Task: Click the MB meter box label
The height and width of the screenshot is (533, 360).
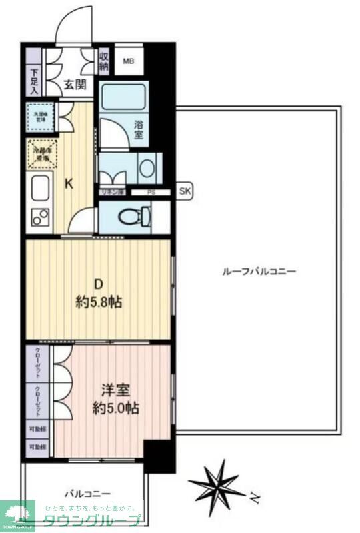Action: click(x=128, y=62)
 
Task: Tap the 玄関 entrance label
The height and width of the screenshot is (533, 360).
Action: click(x=75, y=84)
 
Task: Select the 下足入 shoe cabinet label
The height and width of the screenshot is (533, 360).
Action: click(x=35, y=81)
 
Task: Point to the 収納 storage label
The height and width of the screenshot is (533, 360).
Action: click(x=105, y=61)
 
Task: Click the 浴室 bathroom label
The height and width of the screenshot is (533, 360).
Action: click(x=139, y=129)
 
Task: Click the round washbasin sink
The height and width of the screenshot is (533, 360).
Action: click(x=148, y=167)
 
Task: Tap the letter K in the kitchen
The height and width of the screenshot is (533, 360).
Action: click(x=68, y=185)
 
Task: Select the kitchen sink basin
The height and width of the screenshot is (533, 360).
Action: click(x=41, y=188)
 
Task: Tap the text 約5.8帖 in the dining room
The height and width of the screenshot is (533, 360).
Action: click(x=98, y=302)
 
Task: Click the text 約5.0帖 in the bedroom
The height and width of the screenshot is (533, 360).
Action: click(x=115, y=408)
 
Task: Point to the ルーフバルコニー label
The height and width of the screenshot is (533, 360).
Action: click(x=258, y=272)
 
